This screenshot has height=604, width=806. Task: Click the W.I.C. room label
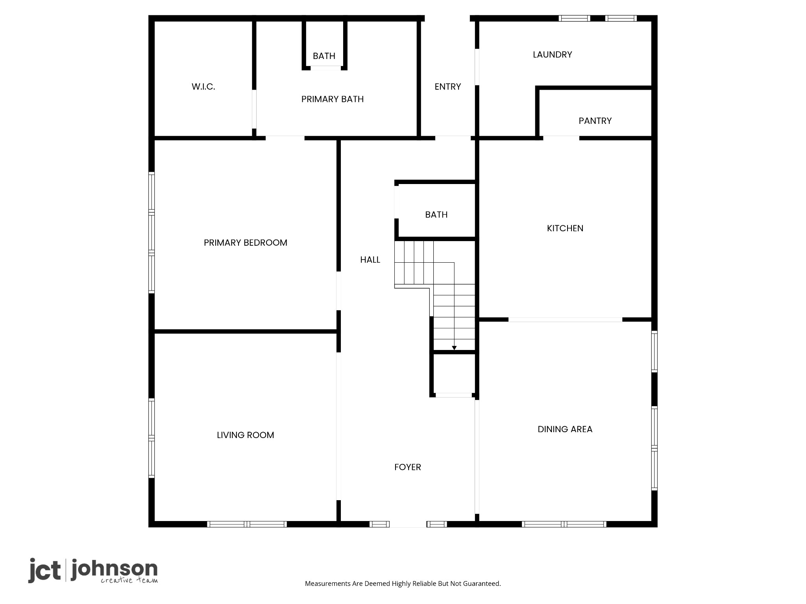(x=203, y=87)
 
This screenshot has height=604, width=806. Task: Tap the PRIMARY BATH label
(x=333, y=99)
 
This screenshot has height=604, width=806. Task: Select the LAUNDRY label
(x=553, y=55)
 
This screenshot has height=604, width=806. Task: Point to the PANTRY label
(x=595, y=121)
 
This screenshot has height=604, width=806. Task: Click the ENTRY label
(x=448, y=87)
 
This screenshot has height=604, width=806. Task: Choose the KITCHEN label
(x=565, y=228)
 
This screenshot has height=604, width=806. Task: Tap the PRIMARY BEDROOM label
(x=246, y=243)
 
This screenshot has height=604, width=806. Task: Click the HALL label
(x=370, y=260)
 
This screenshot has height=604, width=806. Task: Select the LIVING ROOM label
(x=246, y=435)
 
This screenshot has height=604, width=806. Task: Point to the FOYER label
(x=408, y=467)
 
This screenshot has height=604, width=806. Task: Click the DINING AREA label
(x=565, y=429)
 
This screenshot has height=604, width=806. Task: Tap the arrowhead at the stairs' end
(x=454, y=348)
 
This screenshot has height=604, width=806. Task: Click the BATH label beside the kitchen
(x=436, y=215)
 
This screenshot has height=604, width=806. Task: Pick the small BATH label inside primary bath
(x=324, y=56)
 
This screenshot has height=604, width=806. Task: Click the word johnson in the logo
(x=115, y=569)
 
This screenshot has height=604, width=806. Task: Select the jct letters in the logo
(x=44, y=570)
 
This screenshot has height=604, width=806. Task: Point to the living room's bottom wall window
(x=247, y=524)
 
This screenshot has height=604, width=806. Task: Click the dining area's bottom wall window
(x=564, y=524)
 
